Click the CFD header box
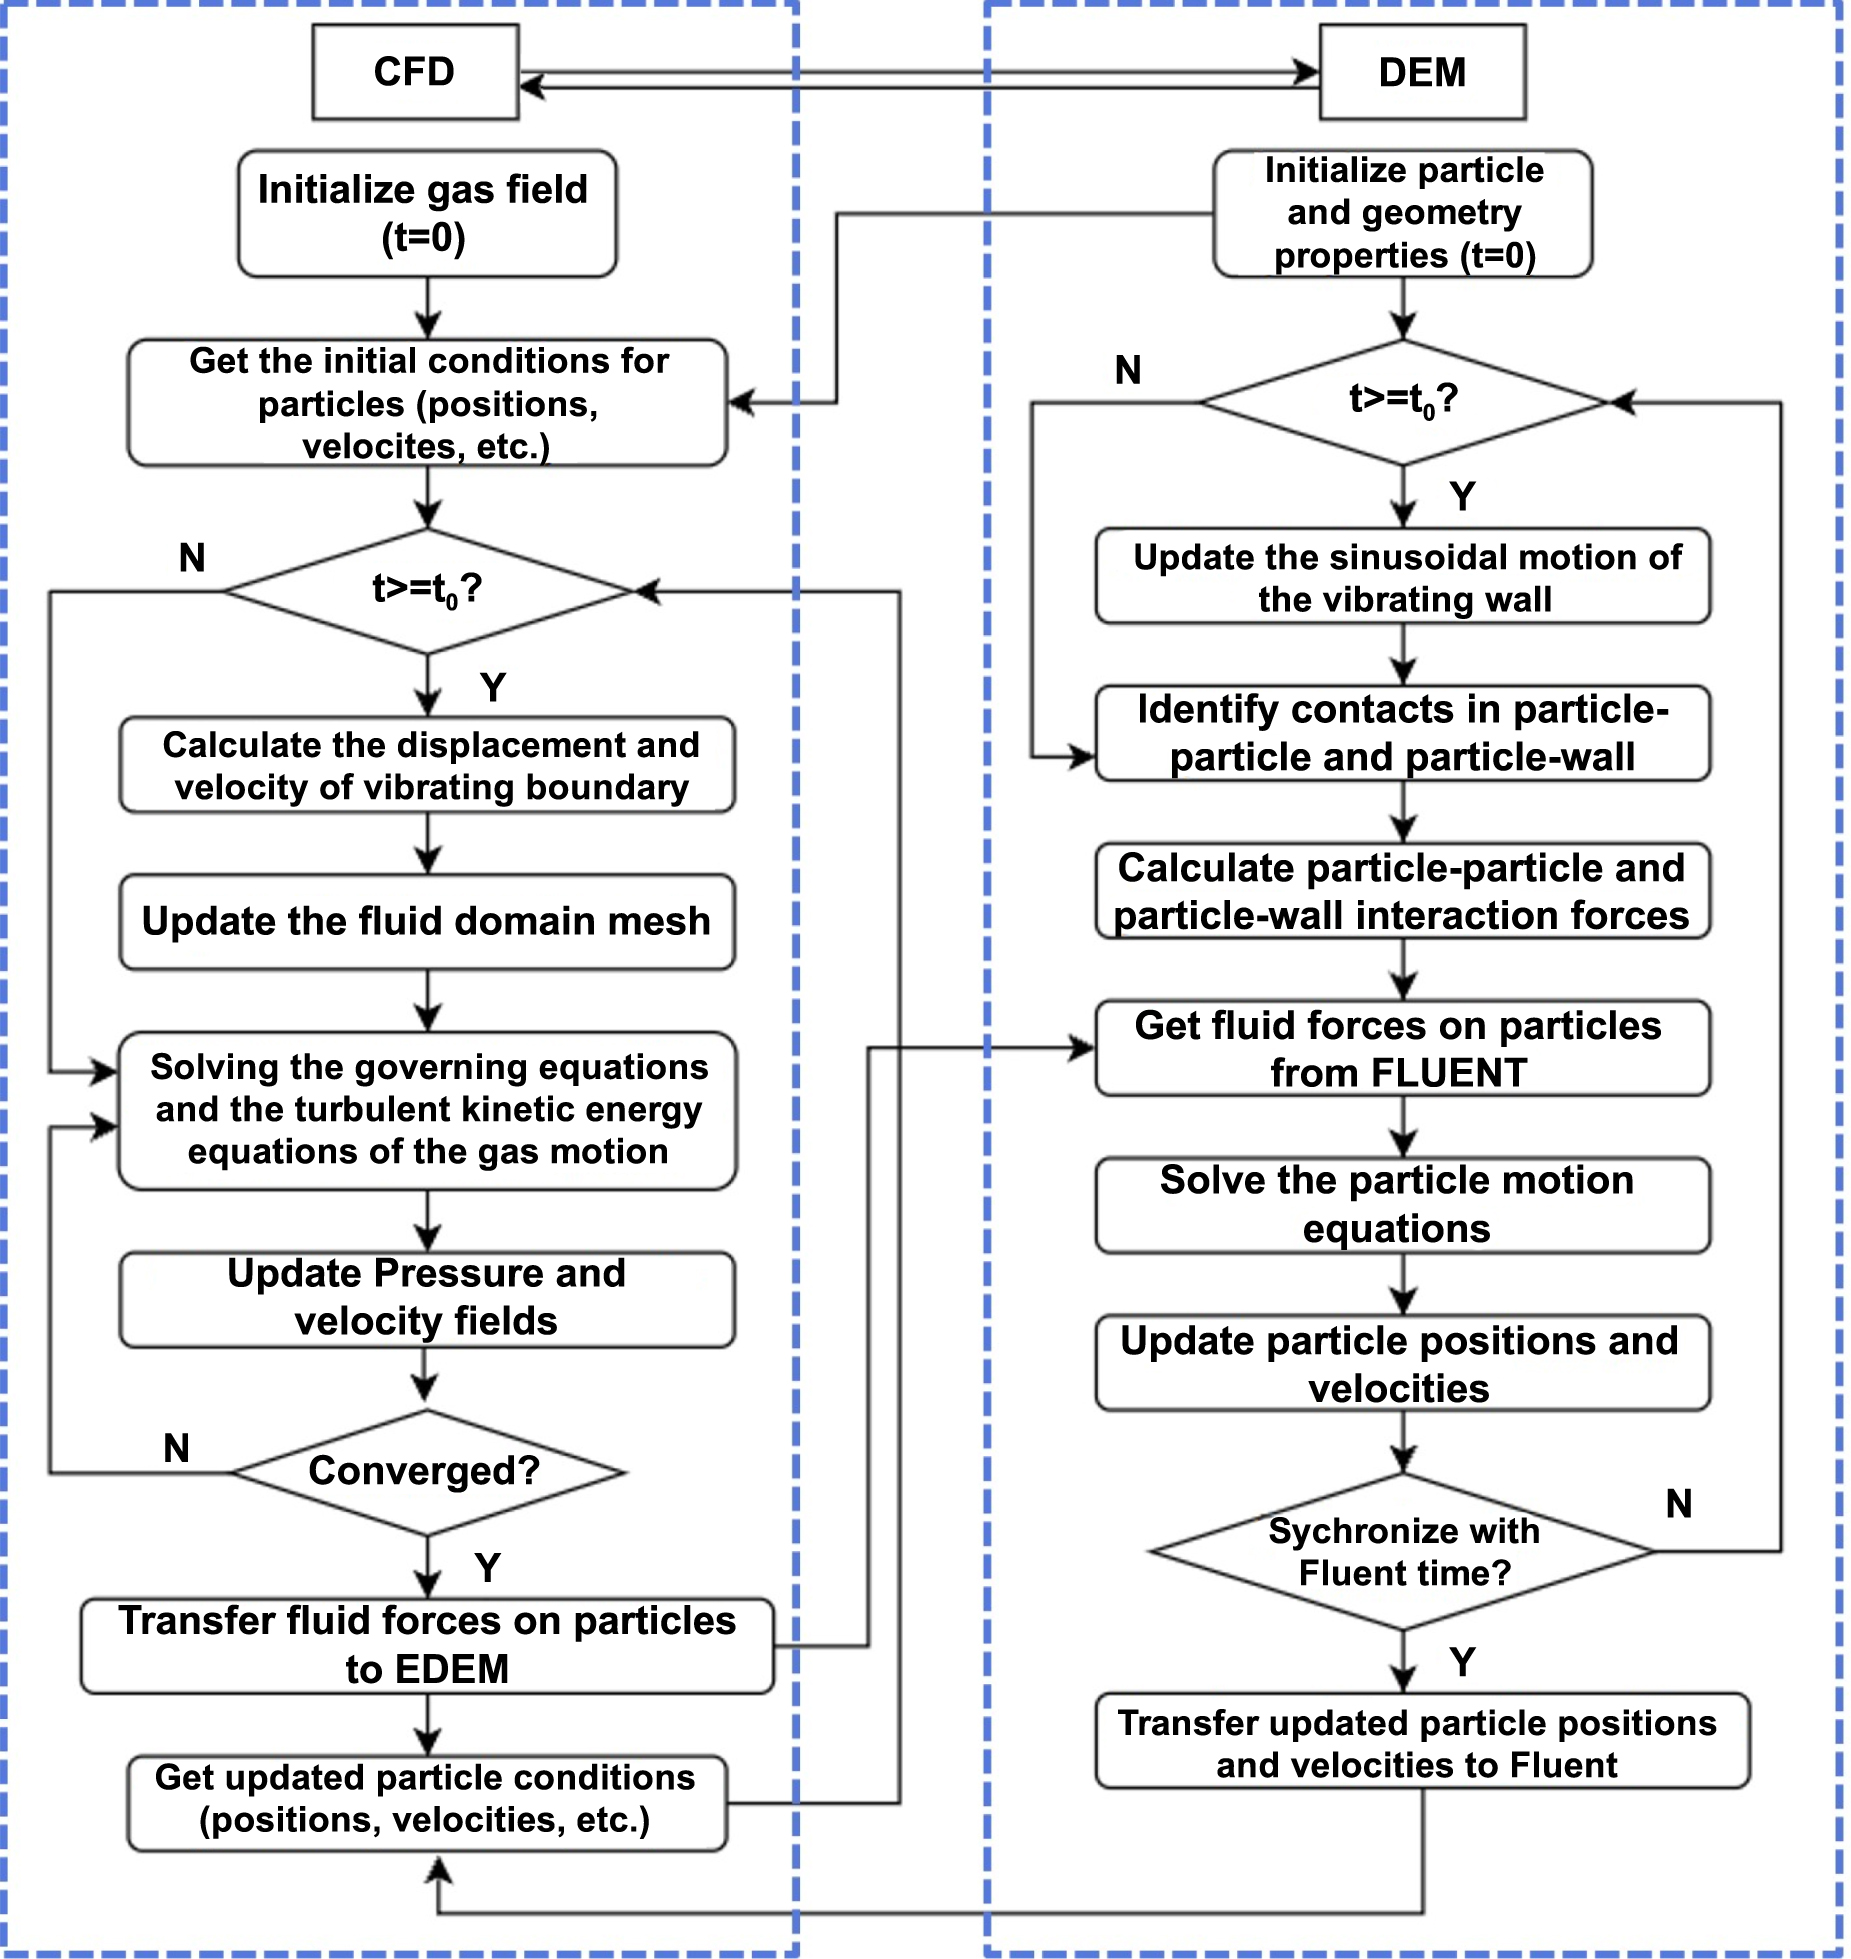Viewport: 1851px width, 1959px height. [x=415, y=72]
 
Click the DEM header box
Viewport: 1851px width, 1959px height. [x=1422, y=72]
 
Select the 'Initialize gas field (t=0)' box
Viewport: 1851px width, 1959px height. [x=427, y=213]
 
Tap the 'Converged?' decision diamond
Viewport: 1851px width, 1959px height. [x=427, y=1471]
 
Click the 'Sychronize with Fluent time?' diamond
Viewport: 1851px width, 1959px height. [x=1403, y=1551]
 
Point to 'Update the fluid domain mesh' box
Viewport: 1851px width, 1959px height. [x=427, y=921]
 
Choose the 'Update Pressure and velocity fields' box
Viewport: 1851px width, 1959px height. [x=427, y=1298]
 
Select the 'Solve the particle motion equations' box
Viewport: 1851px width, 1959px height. [x=1402, y=1204]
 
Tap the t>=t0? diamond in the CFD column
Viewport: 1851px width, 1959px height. [x=427, y=590]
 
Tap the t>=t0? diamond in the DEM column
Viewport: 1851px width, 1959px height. [x=1403, y=401]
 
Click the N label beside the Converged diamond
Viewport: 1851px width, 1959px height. [x=177, y=1448]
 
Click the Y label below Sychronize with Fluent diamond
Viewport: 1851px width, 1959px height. [x=1462, y=1663]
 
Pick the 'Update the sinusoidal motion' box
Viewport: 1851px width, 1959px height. [x=1402, y=577]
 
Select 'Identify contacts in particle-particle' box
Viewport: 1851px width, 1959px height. [x=1402, y=733]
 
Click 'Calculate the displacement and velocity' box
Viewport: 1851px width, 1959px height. [x=427, y=765]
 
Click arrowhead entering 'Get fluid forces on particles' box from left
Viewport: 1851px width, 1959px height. [x=1083, y=1048]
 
